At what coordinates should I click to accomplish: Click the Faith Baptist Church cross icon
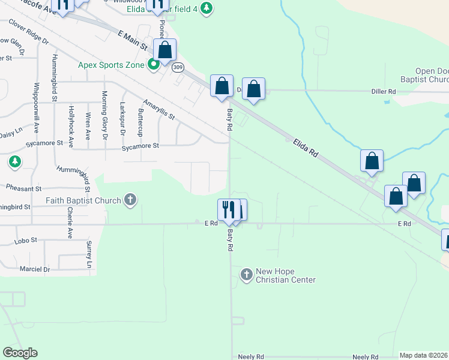click(130, 200)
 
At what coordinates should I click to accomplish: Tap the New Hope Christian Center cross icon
click(246, 275)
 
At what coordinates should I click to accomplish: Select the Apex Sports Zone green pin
click(154, 64)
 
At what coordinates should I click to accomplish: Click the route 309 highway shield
click(178, 67)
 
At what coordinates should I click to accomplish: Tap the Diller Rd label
click(384, 91)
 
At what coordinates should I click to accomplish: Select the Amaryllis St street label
click(158, 109)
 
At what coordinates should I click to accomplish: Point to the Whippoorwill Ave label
click(37, 107)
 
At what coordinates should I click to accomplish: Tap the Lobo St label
click(26, 240)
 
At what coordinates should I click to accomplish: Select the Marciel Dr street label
click(35, 269)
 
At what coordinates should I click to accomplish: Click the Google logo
click(20, 352)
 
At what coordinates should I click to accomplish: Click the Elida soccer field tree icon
click(206, 8)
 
